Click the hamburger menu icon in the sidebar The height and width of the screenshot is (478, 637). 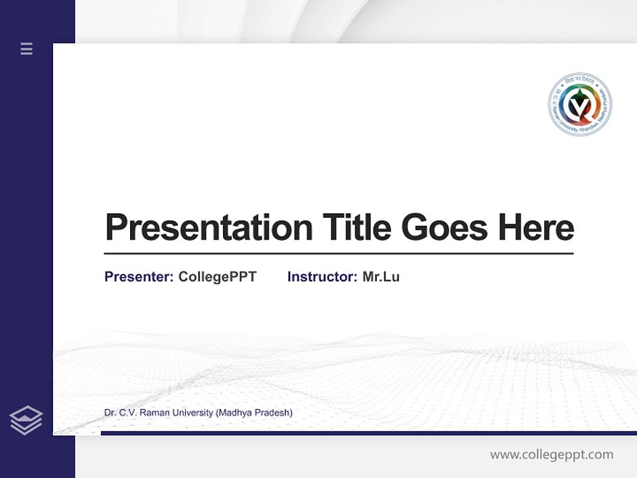[27, 48]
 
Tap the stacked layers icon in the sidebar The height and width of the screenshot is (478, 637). [26, 420]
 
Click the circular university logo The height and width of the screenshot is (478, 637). [580, 105]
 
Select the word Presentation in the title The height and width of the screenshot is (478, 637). [208, 228]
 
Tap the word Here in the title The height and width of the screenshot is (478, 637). [536, 228]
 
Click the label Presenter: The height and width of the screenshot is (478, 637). [139, 277]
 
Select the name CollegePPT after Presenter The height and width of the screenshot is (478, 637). [218, 277]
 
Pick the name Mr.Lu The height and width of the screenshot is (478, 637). [381, 277]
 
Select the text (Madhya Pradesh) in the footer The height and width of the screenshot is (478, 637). [254, 413]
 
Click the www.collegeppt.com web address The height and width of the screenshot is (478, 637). [551, 455]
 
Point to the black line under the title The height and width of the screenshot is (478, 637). [338, 254]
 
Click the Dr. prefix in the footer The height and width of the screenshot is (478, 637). [110, 413]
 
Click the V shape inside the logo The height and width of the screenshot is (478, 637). [580, 106]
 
